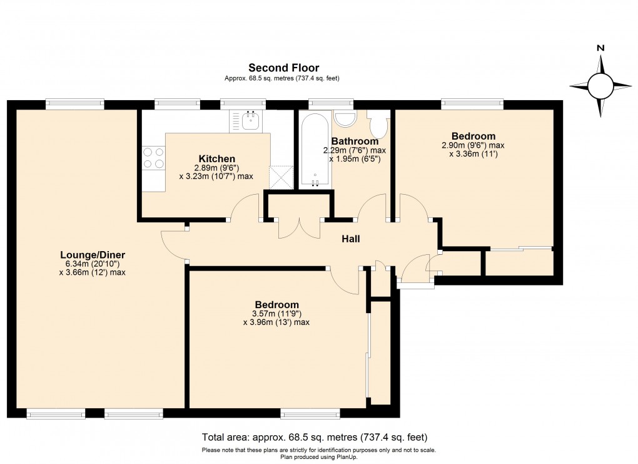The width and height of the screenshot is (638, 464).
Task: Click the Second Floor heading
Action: [x=283, y=68]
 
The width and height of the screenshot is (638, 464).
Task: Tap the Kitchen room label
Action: [x=217, y=159]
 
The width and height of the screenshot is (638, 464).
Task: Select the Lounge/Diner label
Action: [x=93, y=255]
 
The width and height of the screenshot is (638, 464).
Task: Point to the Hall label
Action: [x=351, y=239]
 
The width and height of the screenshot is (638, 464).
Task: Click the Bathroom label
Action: [x=355, y=142]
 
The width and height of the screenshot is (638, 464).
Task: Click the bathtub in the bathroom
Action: [x=315, y=150]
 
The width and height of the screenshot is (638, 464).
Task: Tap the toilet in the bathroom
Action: [x=378, y=124]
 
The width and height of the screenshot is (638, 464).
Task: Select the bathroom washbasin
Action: [x=345, y=118]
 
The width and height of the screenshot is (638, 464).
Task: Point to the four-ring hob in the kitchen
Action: [x=154, y=158]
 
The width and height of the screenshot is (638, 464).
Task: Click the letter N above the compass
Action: [x=600, y=48]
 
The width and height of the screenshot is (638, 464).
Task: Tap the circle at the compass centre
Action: [x=600, y=86]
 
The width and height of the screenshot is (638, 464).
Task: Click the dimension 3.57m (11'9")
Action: [x=276, y=314]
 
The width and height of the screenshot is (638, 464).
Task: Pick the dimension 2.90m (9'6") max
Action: [x=473, y=145]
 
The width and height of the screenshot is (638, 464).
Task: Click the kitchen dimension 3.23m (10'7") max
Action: [x=216, y=177]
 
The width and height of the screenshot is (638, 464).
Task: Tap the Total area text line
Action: [x=315, y=438]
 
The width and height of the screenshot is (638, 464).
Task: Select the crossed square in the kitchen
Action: [x=281, y=177]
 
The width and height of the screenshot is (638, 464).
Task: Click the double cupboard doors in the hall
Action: [x=300, y=228]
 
